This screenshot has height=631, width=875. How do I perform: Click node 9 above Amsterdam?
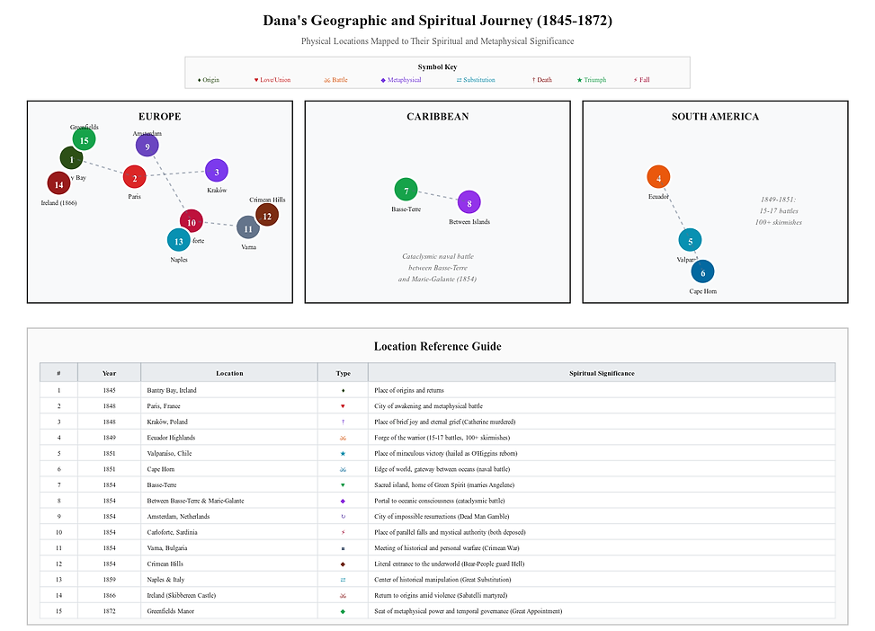(x=147, y=147)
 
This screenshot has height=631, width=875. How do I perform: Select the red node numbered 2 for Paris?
(x=134, y=177)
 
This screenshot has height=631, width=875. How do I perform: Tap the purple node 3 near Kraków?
(x=217, y=171)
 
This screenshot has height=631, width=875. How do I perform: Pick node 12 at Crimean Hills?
(x=266, y=216)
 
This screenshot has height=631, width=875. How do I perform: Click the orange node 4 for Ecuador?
(x=658, y=178)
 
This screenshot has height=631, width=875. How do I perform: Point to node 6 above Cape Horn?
(x=702, y=272)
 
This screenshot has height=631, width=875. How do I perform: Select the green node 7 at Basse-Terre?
(x=406, y=191)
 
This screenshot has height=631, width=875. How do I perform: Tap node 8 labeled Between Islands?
(x=469, y=202)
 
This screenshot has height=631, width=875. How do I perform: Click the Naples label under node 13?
(x=179, y=260)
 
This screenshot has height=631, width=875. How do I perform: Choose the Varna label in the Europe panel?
(x=248, y=246)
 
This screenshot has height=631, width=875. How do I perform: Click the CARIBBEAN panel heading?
(x=437, y=117)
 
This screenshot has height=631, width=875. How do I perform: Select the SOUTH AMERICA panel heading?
(x=715, y=117)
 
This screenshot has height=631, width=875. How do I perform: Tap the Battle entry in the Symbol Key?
(x=335, y=80)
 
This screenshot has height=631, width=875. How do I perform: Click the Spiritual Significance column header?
(x=602, y=373)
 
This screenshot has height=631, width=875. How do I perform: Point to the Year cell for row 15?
(x=109, y=611)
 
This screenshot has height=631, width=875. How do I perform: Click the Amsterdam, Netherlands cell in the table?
(x=178, y=517)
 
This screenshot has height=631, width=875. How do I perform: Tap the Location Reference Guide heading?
(x=437, y=346)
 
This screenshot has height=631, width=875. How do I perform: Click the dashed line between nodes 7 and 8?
(x=437, y=196)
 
